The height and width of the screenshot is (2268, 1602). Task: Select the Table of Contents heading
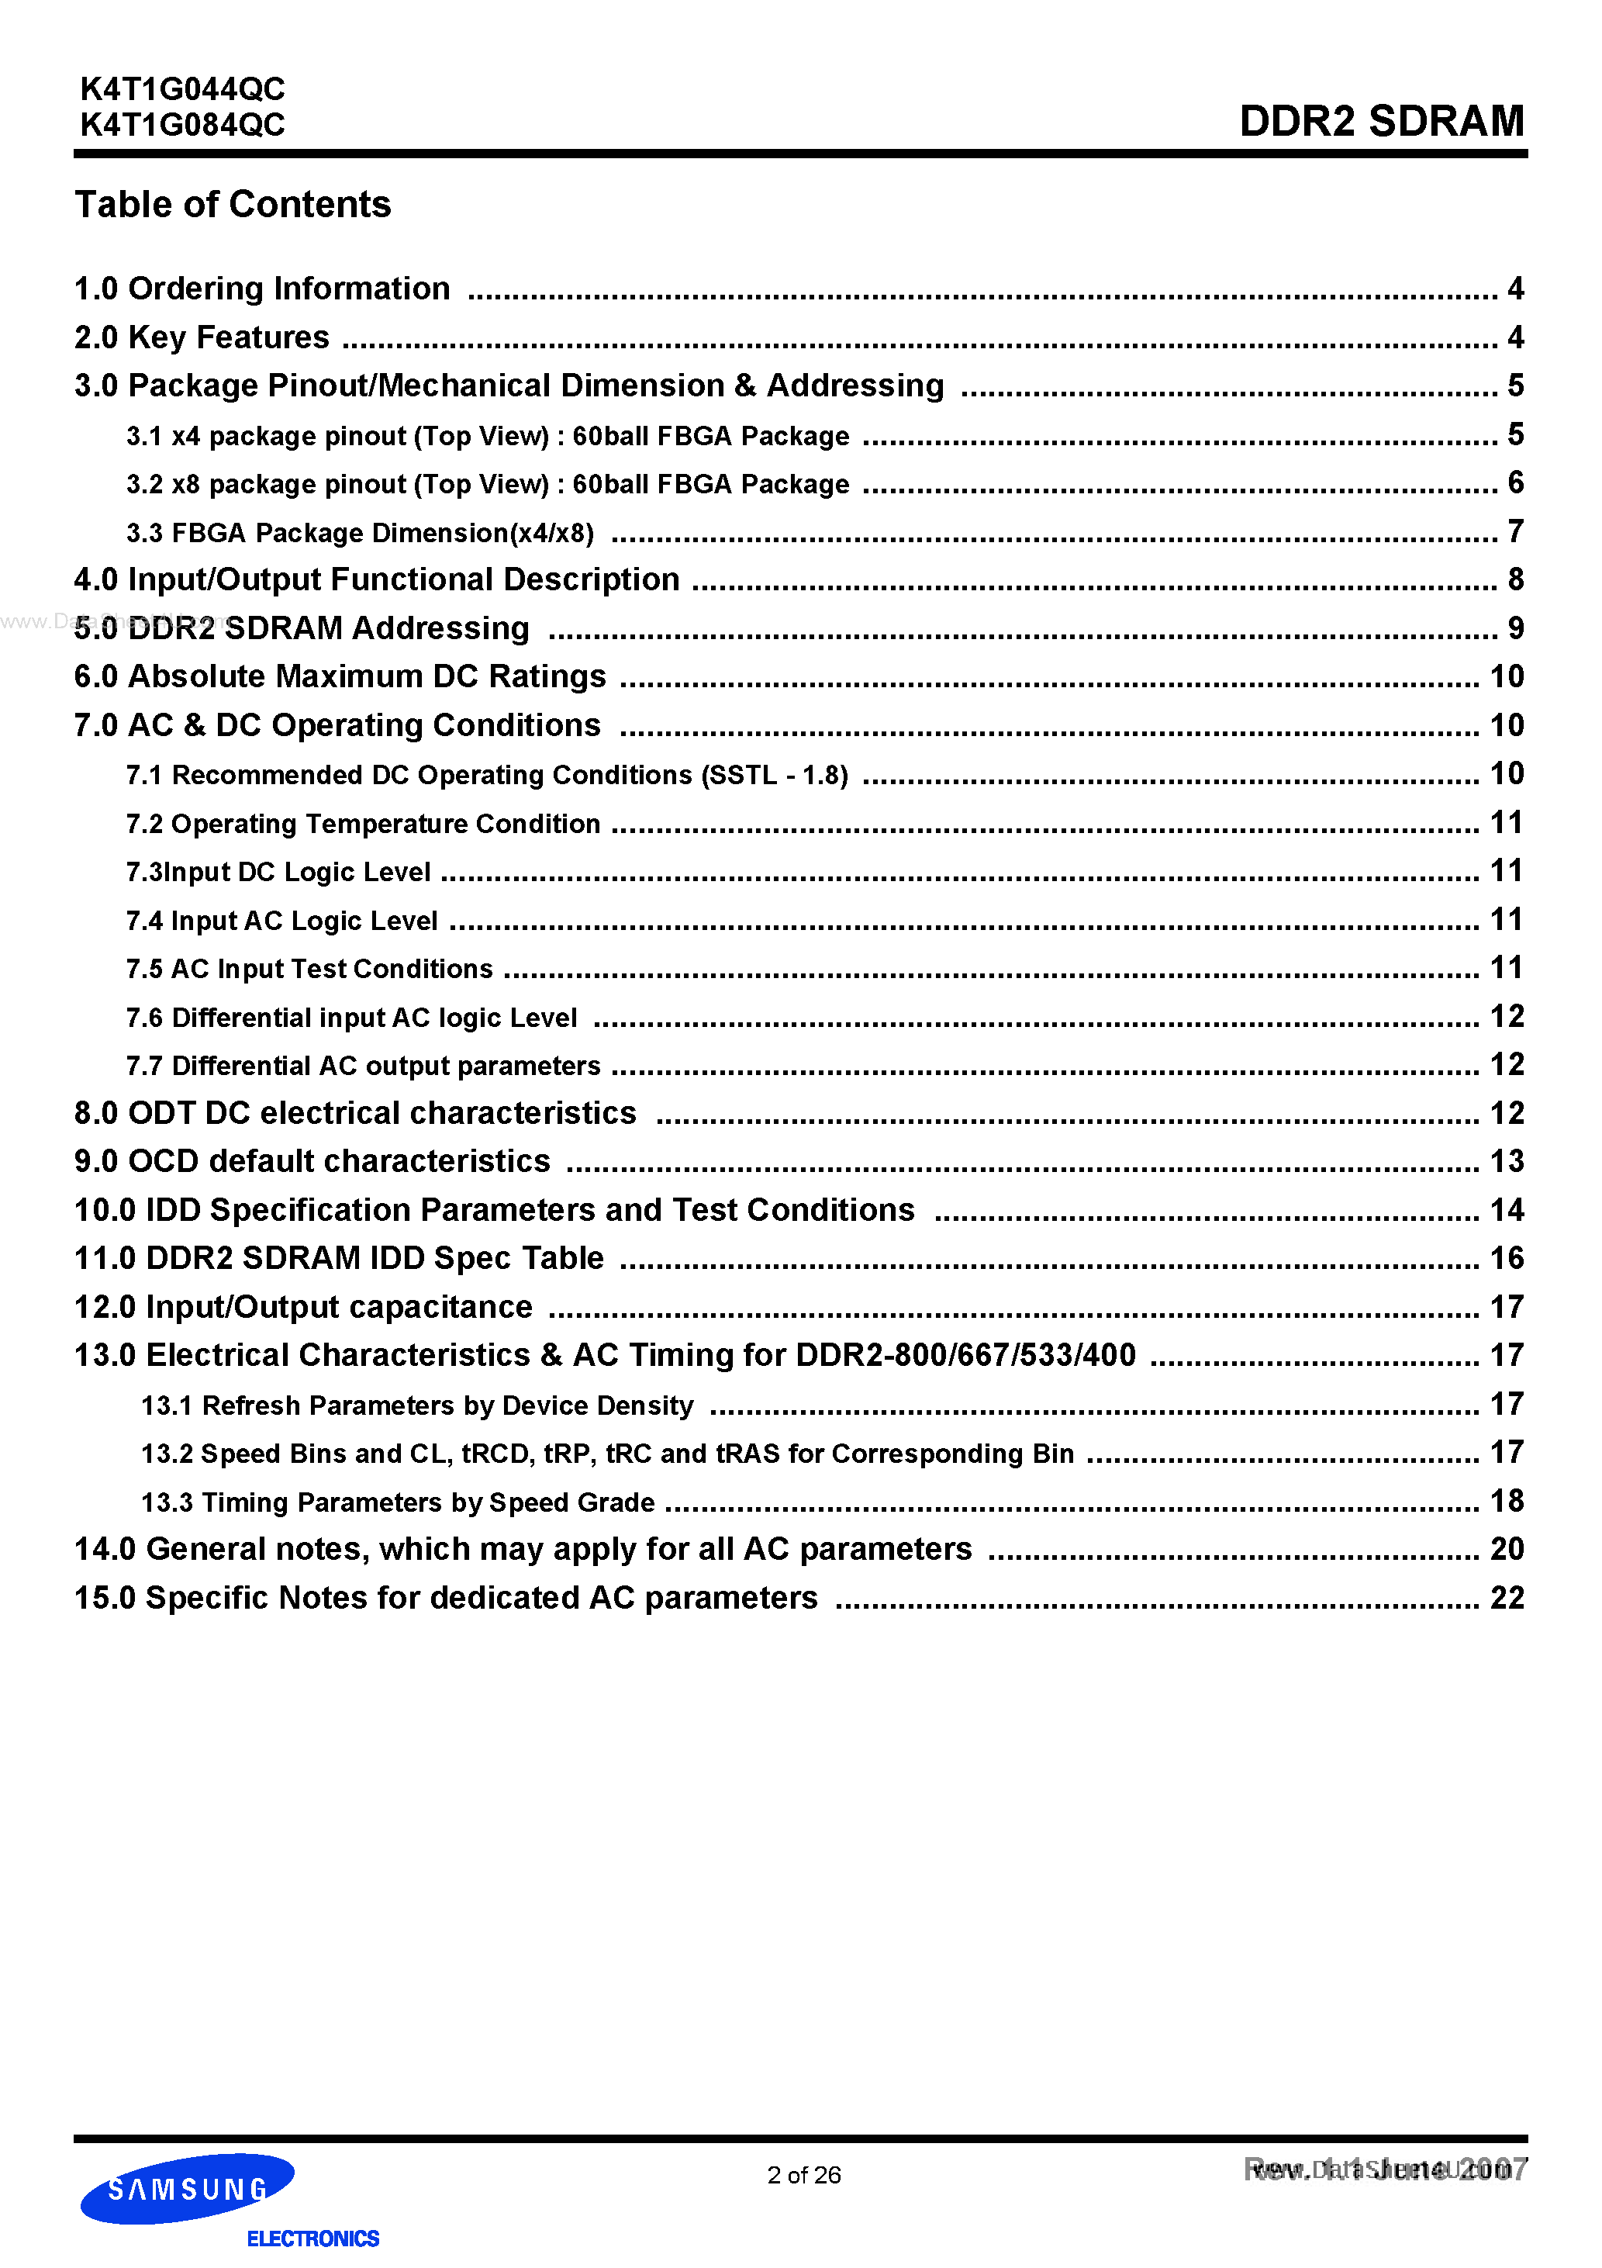pos(233,205)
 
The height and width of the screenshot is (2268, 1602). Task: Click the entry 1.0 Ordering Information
pos(262,289)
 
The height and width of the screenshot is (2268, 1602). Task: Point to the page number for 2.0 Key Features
pos(1515,337)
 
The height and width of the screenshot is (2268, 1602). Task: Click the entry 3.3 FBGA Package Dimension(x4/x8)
pos(360,534)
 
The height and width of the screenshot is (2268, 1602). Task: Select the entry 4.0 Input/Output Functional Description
pos(376,580)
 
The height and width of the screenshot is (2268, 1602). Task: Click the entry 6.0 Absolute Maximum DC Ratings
pos(340,676)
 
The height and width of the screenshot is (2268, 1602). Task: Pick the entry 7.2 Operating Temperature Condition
pos(362,824)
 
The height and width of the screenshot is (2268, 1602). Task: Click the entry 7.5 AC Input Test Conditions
pos(309,969)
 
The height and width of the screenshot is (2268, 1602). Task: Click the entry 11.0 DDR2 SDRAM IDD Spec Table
pos(339,1258)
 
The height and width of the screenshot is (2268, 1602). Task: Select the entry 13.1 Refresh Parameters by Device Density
pos(417,1405)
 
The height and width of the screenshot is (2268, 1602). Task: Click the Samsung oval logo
pos(187,2189)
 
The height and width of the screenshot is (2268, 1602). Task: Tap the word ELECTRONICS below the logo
pos(312,2239)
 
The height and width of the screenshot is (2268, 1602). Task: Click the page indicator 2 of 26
pos(803,2175)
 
